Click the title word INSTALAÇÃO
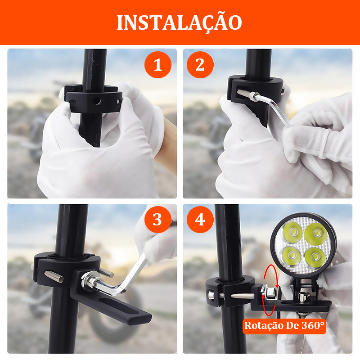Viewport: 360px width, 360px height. click(179, 22)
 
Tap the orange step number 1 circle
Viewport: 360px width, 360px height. click(158, 65)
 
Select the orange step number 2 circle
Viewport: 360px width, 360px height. click(200, 65)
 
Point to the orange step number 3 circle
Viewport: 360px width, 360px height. click(158, 220)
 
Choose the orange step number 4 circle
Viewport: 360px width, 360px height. click(200, 220)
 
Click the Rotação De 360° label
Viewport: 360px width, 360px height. click(284, 326)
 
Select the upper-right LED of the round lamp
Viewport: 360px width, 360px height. click(316, 234)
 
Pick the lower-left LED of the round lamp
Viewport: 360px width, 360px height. click(291, 255)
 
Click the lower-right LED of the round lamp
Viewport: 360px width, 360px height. click(315, 256)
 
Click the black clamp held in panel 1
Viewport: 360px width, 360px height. click(94, 98)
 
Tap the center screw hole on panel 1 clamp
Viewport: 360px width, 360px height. click(97, 100)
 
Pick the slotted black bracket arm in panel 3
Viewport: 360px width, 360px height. click(110, 301)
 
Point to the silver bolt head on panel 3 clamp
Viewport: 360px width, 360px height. click(54, 276)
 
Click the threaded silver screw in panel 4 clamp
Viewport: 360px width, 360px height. click(242, 296)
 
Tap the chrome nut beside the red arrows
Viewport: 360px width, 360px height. click(269, 293)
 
